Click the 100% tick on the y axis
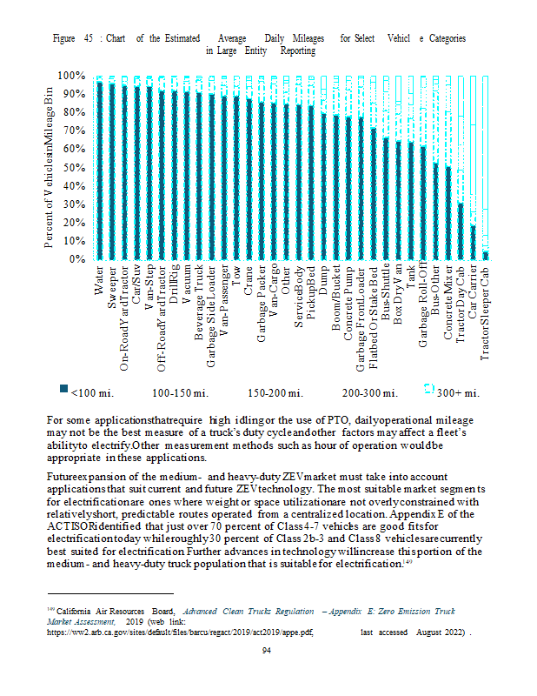73,77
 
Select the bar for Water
100,170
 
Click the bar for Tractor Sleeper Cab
486,254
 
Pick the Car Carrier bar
473,242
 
